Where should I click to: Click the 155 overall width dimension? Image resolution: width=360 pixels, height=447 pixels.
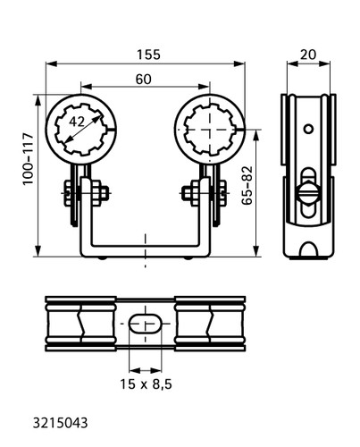(x=148, y=55)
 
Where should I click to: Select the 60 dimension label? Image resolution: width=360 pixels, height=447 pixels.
(x=144, y=80)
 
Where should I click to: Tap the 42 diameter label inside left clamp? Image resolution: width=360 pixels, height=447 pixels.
(x=77, y=122)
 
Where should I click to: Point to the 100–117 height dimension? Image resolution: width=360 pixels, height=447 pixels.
(x=29, y=159)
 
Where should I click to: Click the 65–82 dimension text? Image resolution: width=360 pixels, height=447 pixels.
(x=247, y=185)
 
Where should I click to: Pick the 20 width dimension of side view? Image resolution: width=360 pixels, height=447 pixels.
(x=308, y=55)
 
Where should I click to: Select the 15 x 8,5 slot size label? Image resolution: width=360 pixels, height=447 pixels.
(x=146, y=384)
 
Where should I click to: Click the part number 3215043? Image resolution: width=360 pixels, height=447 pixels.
(x=61, y=423)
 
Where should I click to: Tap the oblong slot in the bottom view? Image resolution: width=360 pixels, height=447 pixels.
(x=145, y=324)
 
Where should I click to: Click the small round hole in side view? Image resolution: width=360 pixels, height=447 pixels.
(x=308, y=129)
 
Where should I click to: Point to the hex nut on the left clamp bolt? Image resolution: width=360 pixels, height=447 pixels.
(x=99, y=193)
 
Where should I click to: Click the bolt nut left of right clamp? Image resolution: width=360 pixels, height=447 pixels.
(x=191, y=193)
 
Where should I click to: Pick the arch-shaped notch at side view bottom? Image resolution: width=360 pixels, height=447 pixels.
(x=308, y=249)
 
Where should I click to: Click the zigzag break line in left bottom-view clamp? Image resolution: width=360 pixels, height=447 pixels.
(x=80, y=324)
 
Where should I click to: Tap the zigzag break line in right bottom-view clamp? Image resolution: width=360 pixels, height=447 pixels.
(x=211, y=324)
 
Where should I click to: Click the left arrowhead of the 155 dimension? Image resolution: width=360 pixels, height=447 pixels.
(x=51, y=63)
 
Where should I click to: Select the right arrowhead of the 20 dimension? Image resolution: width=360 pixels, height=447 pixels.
(x=324, y=63)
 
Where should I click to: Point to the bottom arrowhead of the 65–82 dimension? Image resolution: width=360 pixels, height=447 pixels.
(x=256, y=250)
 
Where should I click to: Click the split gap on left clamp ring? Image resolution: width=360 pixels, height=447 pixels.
(x=113, y=129)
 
